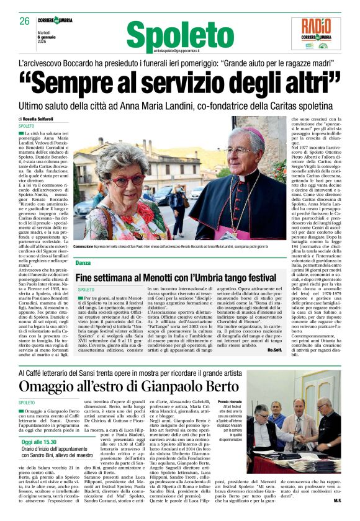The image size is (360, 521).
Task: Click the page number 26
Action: click(x=24, y=20)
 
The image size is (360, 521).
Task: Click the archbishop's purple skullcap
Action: click(x=255, y=132)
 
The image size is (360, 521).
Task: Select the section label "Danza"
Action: click(x=83, y=263)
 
